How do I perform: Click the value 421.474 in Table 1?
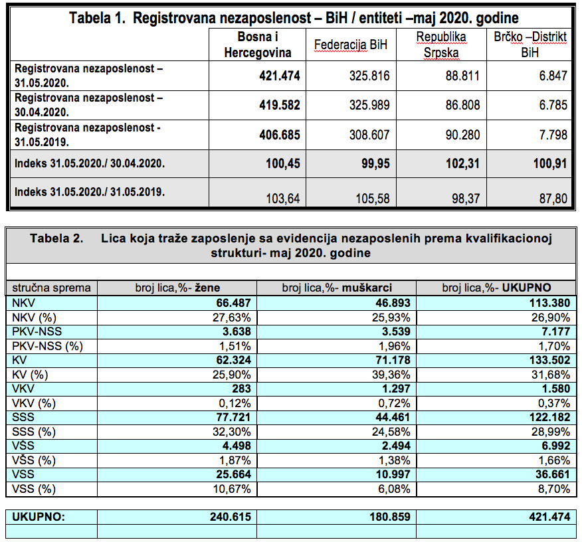click(280, 76)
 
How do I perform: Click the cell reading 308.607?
click(369, 135)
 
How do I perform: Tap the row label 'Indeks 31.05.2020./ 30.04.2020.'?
click(90, 163)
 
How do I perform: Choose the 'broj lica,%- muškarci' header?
click(336, 288)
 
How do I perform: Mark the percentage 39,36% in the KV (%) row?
click(393, 375)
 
